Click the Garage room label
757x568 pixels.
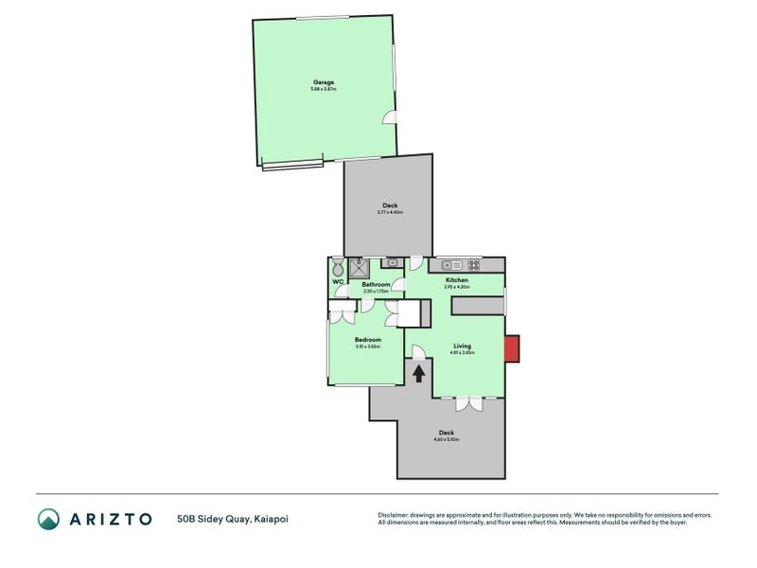click(x=324, y=82)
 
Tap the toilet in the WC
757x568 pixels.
click(x=338, y=268)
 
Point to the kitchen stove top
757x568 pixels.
click(x=471, y=263)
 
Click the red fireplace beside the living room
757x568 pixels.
click(x=511, y=348)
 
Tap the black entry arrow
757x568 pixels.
click(x=418, y=373)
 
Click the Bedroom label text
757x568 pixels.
click(x=367, y=340)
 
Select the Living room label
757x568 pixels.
click(x=462, y=346)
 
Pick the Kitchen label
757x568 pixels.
click(x=457, y=280)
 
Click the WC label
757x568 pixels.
click(x=337, y=282)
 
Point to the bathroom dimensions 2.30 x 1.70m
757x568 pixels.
click(x=376, y=292)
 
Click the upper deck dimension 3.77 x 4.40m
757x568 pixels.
click(x=390, y=213)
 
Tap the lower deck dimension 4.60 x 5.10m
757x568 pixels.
click(x=445, y=439)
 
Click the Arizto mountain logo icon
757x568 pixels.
click(x=48, y=518)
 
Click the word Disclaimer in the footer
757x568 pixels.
click(x=396, y=514)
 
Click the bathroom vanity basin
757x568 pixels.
click(x=392, y=262)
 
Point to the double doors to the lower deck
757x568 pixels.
click(x=467, y=403)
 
